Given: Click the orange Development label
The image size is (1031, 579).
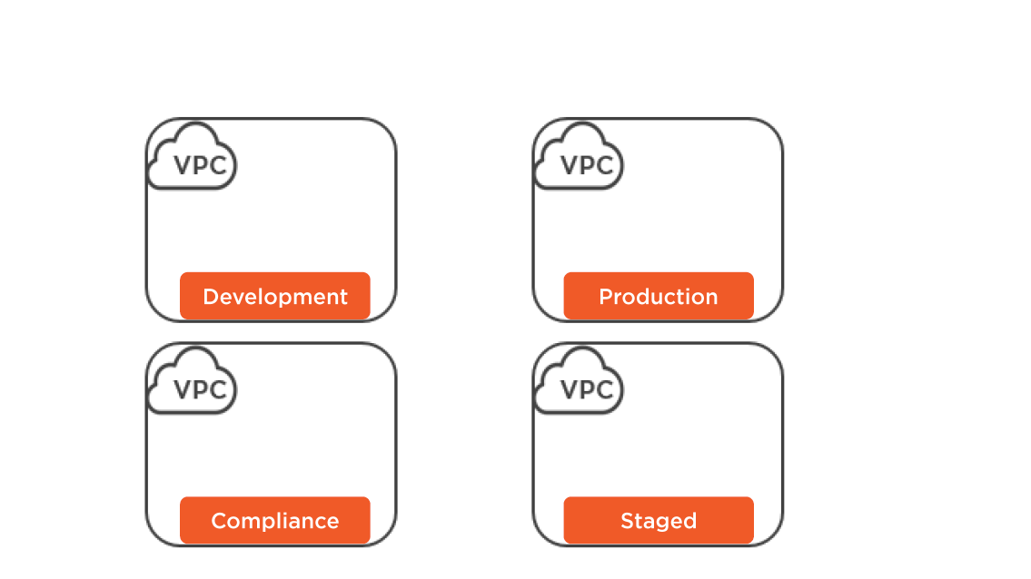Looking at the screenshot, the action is (275, 296).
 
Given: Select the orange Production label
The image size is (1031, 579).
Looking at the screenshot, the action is (659, 296).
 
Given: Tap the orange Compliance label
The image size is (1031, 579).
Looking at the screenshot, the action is (275, 520).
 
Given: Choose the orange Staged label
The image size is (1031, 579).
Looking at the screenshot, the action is (659, 520).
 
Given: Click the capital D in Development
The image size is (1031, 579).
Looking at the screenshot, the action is (211, 297).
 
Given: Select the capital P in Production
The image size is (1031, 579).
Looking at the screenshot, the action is (606, 297).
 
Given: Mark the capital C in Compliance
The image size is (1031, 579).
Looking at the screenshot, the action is (219, 521).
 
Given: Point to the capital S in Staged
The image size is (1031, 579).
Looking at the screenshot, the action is (628, 521).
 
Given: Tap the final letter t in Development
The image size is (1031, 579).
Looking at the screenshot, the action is (342, 297).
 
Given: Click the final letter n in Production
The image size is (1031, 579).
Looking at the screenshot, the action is (710, 299).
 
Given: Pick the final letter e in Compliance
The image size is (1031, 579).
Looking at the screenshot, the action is (332, 523).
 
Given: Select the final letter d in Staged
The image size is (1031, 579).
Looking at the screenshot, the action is (689, 521).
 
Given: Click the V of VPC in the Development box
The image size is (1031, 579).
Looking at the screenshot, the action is (183, 165).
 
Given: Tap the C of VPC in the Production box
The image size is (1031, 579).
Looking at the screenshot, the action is (605, 165).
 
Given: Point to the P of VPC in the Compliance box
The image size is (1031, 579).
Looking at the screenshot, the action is (200, 389).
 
